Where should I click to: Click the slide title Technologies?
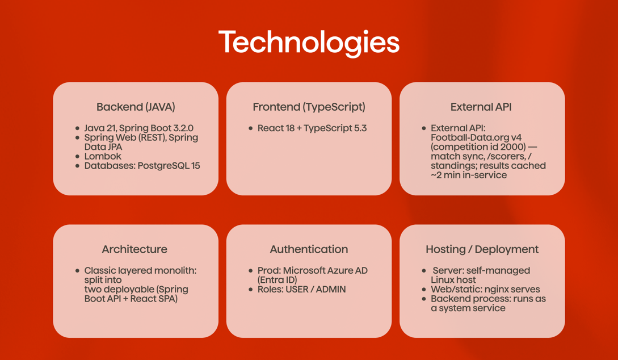pyautogui.click(x=309, y=43)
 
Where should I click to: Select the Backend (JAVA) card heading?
pyautogui.click(x=136, y=107)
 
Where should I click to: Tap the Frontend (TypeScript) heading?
pyautogui.click(x=309, y=107)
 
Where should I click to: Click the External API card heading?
pyautogui.click(x=481, y=107)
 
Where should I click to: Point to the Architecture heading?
pyautogui.click(x=134, y=249)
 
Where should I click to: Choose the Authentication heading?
pyautogui.click(x=309, y=249)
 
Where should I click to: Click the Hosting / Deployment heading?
pyautogui.click(x=482, y=250)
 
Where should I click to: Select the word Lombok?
pyautogui.click(x=103, y=156)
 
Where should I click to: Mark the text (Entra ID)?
pyautogui.click(x=277, y=280)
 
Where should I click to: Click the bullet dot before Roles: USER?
pyautogui.click(x=251, y=290)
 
